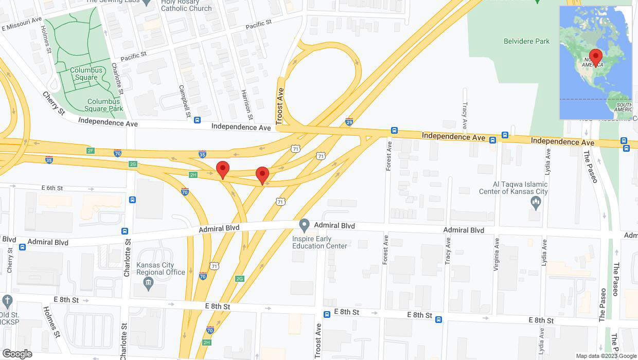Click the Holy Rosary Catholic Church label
click(186, 6)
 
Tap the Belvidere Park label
click(526, 41)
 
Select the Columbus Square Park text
click(105, 105)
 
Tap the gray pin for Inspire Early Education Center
click(304, 225)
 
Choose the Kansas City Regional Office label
click(161, 268)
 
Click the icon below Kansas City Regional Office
click(149, 282)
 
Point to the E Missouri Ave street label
click(21, 24)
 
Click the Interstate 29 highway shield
click(349, 122)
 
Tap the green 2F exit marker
click(91, 150)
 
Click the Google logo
click(17, 354)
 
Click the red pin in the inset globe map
click(596, 56)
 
